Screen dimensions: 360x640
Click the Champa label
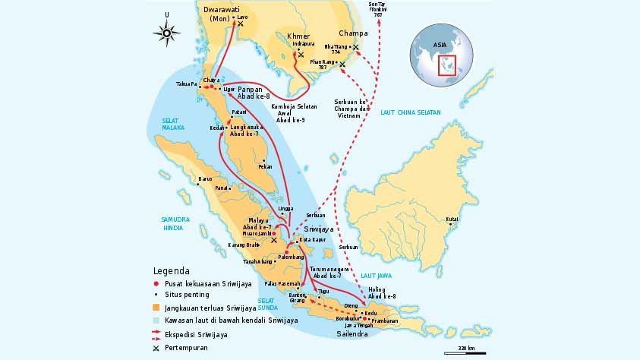pos(352,33)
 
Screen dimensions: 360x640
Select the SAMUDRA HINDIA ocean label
pos(174,223)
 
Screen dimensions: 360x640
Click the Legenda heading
pos(171,270)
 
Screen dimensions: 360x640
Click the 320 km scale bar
pos(465,350)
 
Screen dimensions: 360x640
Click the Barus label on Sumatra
pos(204,179)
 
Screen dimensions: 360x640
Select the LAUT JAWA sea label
pos(374,276)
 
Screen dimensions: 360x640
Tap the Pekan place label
pos(266,166)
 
